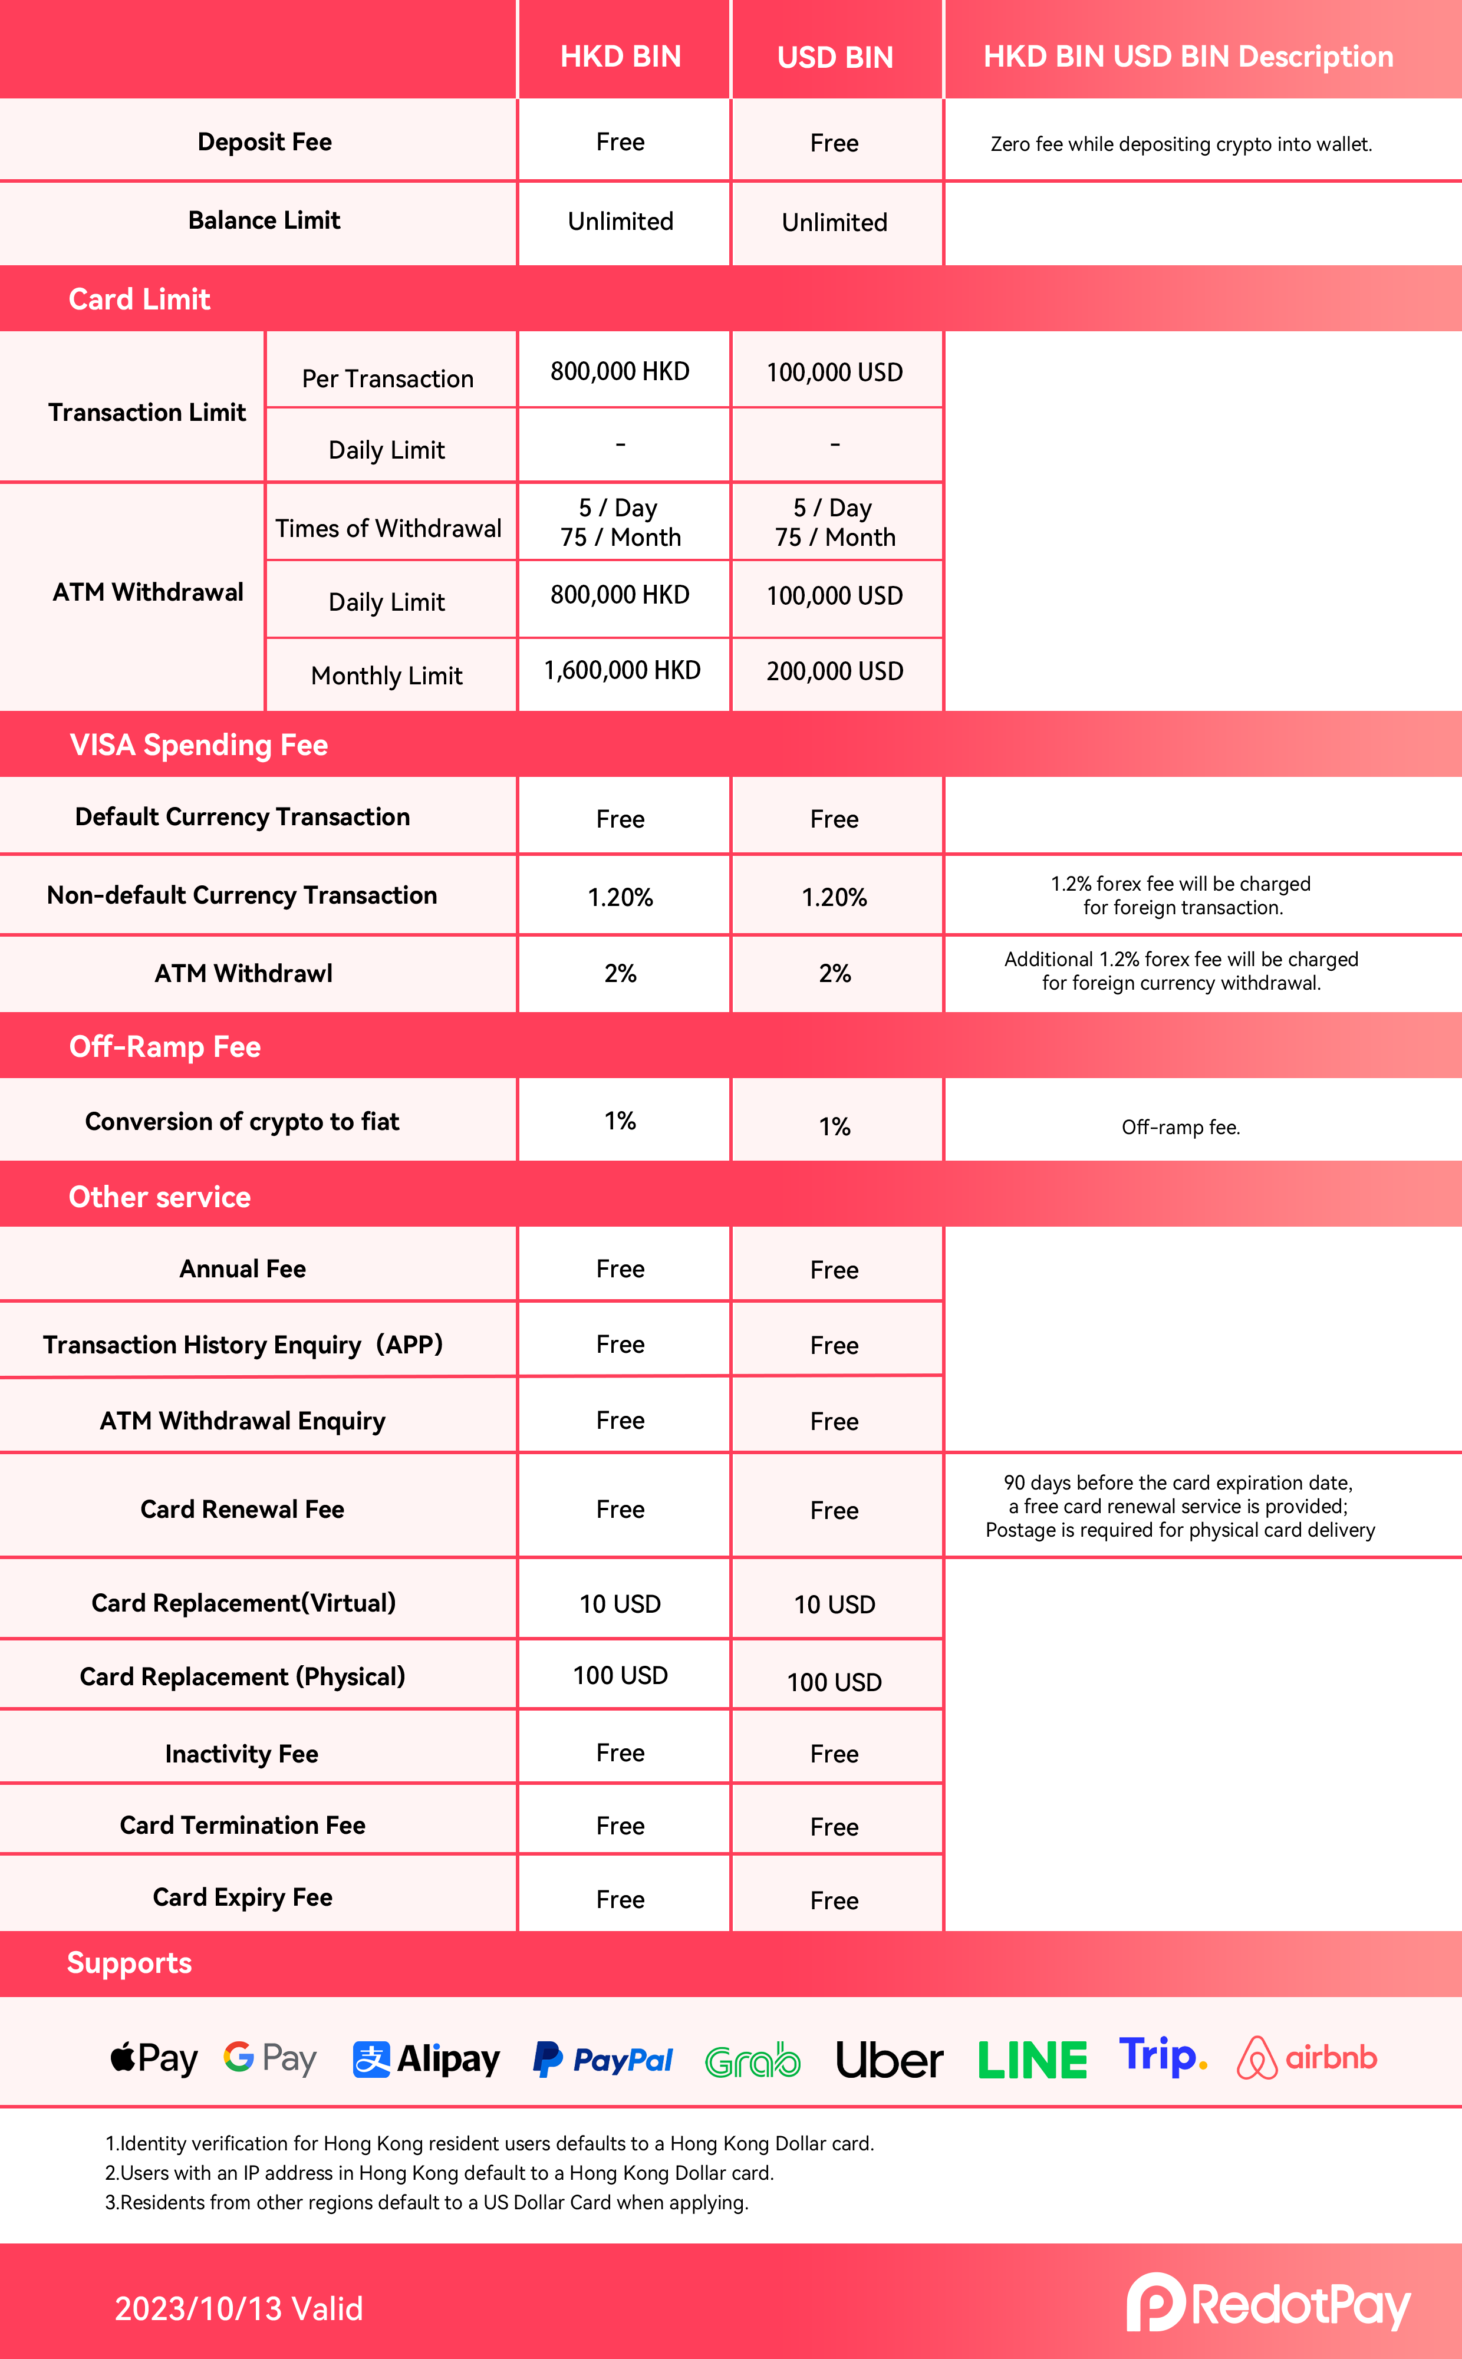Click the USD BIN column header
coord(835,57)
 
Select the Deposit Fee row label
coord(264,142)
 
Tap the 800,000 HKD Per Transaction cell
coord(620,371)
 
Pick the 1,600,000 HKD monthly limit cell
coord(622,670)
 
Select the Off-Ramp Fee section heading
coord(164,1046)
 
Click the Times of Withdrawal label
coord(388,528)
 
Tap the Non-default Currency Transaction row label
coord(242,895)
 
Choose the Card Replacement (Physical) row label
coord(242,1676)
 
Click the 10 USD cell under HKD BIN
coord(620,1604)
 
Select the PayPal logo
coord(602,2060)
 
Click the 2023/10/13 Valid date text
coord(239,2309)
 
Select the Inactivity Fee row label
coord(242,1754)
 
